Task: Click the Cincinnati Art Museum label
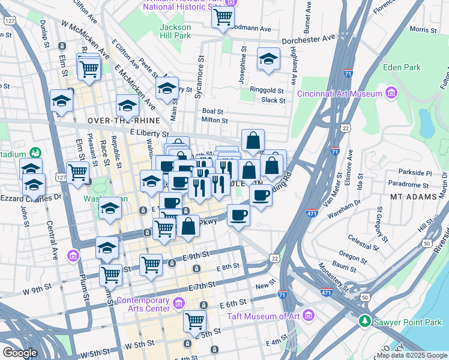pyautogui.click(x=340, y=94)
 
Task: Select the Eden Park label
pyautogui.click(x=402, y=67)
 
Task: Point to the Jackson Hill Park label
pyautogui.click(x=175, y=32)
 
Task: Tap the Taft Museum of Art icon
pyautogui.click(x=309, y=314)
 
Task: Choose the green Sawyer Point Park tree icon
pyautogui.click(x=364, y=322)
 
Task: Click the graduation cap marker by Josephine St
pyautogui.click(x=268, y=59)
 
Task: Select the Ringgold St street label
pyautogui.click(x=267, y=89)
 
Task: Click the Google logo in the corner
pyautogui.click(x=20, y=353)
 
